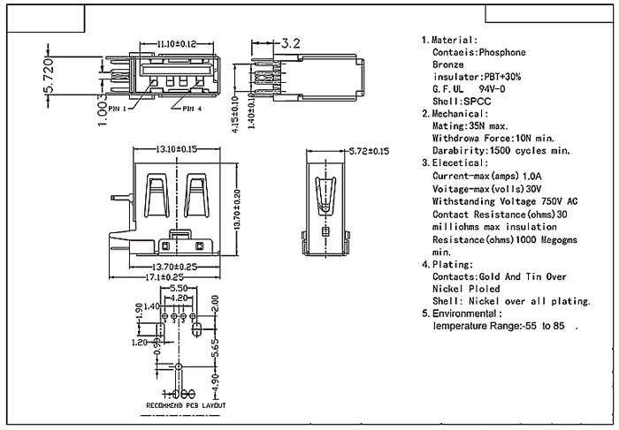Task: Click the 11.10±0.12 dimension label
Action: tap(177, 43)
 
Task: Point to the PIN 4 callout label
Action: tap(192, 109)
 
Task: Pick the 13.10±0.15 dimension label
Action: tap(176, 149)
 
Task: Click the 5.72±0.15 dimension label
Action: tap(369, 151)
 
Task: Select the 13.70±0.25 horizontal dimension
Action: tap(176, 266)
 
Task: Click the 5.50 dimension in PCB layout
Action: tap(177, 289)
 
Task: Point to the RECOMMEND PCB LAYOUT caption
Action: tap(186, 405)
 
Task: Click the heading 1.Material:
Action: tap(449, 40)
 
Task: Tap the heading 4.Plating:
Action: tap(447, 264)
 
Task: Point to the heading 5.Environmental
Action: tap(462, 313)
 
